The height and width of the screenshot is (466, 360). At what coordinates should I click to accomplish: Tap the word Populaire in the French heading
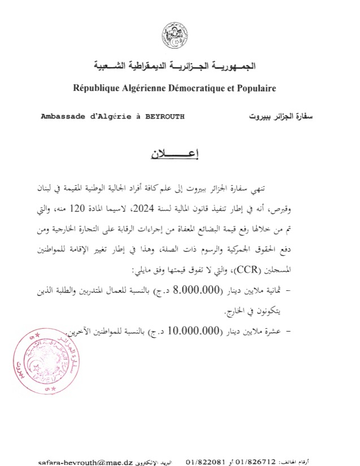[x=253, y=89]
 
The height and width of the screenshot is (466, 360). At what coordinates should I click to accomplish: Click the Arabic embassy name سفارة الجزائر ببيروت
[x=280, y=117]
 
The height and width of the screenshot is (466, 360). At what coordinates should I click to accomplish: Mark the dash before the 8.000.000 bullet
[x=290, y=291]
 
